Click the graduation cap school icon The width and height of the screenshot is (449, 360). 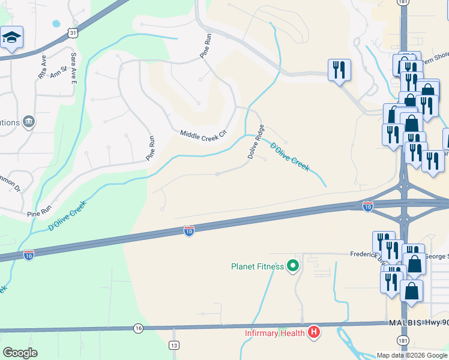tap(12, 38)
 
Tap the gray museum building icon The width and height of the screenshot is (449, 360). tap(29, 122)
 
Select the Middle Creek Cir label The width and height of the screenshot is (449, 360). tap(202, 136)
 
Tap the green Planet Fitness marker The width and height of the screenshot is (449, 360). tap(293, 265)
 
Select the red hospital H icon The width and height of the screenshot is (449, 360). tap(313, 332)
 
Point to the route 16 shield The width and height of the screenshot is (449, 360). tap(138, 328)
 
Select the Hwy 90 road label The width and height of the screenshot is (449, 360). tap(435, 323)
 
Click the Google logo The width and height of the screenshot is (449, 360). tap(20, 353)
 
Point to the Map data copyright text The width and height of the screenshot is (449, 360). tap(411, 355)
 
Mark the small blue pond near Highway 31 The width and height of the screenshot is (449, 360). tap(56, 24)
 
